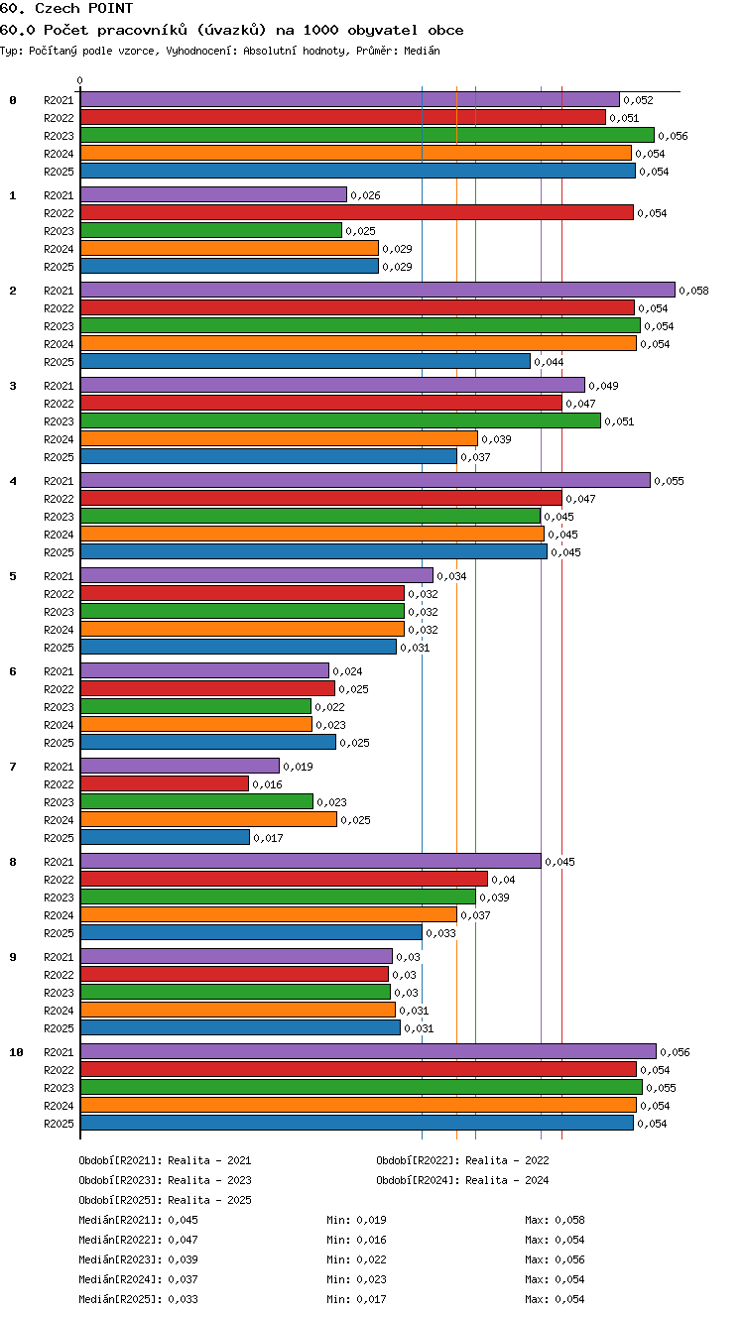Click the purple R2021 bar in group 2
coord(378,290)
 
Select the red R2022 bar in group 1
coord(357,212)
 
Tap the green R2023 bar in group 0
coord(367,135)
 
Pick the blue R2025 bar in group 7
coord(165,837)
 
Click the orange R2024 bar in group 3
coord(279,438)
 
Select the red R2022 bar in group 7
coord(164,783)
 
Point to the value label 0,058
coord(694,291)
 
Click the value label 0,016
coord(267,784)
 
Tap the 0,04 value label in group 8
coord(503,880)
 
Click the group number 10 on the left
coord(16,1052)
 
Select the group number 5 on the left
coord(13,576)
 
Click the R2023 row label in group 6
coord(59,707)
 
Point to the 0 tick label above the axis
coord(80,80)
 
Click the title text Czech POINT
coord(84,8)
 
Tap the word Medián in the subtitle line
coord(422,51)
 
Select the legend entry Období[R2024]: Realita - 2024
coord(462,1180)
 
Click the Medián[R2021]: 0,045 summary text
coord(138,1220)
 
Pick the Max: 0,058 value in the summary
coord(555,1220)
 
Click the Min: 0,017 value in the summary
coord(356,1299)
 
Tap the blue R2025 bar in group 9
coord(240,1027)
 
